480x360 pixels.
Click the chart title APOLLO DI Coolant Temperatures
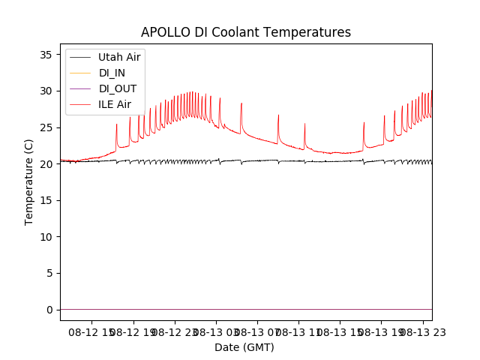pyautogui.click(x=246, y=33)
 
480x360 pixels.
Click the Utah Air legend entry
pyautogui.click(x=119, y=57)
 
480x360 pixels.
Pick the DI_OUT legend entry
pyautogui.click(x=118, y=88)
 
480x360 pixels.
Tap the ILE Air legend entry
pyautogui.click(x=115, y=104)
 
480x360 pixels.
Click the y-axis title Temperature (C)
pyautogui.click(x=29, y=181)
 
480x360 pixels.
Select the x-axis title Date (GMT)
pyautogui.click(x=244, y=347)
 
